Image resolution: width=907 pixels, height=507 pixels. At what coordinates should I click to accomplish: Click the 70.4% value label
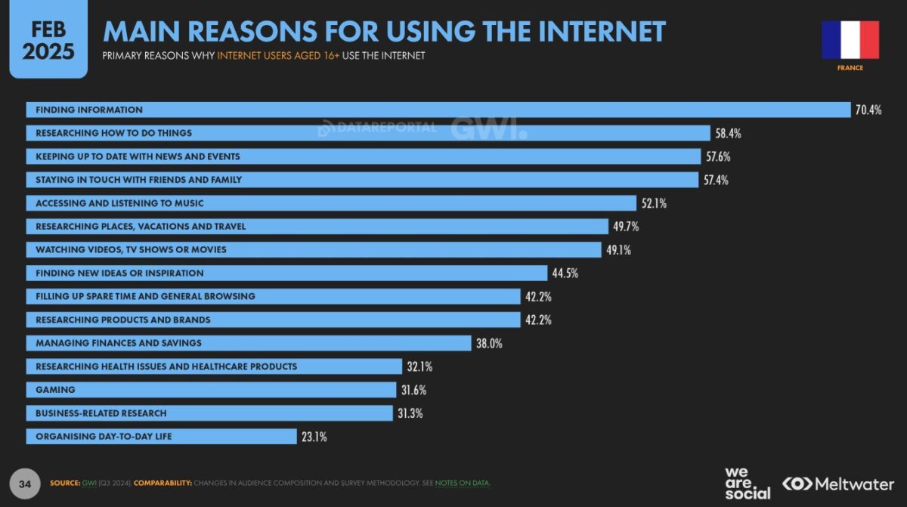pos(868,110)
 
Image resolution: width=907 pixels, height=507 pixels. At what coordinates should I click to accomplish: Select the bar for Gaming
pos(212,390)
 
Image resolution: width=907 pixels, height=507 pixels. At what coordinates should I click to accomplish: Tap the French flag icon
pos(850,40)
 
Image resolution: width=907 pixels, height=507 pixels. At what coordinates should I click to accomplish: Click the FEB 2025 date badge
pos(48,40)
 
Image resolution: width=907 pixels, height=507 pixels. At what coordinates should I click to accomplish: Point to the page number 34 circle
pos(26,483)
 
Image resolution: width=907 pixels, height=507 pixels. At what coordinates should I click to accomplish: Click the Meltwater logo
pos(837,484)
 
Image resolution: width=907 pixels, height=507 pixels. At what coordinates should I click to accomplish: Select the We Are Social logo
pos(747,484)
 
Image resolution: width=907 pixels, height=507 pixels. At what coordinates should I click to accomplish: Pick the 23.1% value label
pos(314,437)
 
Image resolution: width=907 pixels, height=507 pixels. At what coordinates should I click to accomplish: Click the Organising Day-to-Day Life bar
pos(161,437)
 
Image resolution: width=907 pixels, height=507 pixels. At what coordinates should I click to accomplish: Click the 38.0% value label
pos(489,343)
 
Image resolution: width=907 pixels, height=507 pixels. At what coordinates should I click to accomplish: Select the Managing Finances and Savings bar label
pos(119,343)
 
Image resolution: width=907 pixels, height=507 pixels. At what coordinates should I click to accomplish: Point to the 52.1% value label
pos(653,203)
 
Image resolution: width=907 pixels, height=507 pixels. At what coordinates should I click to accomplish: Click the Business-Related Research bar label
pos(101,413)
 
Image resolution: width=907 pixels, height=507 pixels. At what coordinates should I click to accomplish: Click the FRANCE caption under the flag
pos(850,68)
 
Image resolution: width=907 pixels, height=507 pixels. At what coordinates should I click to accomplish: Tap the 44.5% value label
pos(565,274)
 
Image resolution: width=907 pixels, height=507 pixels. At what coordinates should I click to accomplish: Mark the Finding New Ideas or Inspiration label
pos(119,273)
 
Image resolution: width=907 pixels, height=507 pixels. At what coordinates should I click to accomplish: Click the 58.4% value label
pos(728,134)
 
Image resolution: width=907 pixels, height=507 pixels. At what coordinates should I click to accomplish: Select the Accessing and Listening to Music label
pos(119,203)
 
